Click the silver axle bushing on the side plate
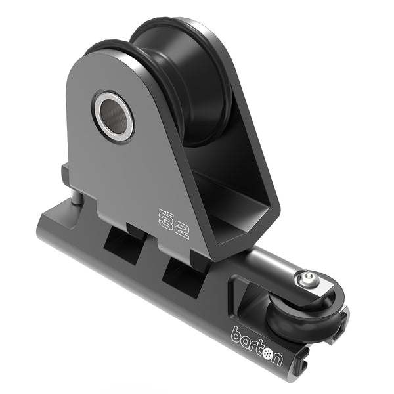coord(114,116)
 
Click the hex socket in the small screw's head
coord(304,278)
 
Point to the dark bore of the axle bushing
coord(114,116)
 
